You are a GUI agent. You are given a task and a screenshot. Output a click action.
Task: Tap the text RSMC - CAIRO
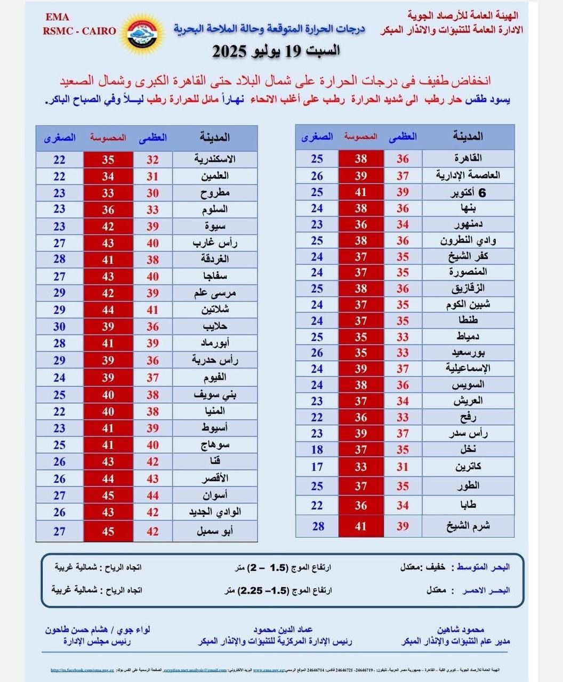point(79,31)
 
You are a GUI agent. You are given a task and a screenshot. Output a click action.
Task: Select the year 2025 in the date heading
point(229,52)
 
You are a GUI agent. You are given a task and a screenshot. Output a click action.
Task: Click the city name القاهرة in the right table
point(468,158)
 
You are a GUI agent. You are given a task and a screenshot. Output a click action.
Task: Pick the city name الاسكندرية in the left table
point(215,159)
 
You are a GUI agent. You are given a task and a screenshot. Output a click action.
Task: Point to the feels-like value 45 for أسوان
point(108,496)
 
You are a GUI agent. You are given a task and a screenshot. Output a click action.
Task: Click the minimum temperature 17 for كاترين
point(317,467)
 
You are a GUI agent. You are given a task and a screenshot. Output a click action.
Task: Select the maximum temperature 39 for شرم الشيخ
point(403,526)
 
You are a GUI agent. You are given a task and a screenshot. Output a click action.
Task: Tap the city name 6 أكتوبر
point(468,192)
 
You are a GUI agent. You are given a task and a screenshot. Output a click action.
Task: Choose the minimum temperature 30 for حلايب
point(59,327)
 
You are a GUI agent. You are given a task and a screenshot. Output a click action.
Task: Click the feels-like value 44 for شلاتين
point(108,310)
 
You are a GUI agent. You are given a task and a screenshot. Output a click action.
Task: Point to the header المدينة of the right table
point(468,137)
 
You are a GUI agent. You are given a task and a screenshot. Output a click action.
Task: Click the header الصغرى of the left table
point(60,138)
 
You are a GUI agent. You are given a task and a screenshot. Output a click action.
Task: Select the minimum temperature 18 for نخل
point(317,450)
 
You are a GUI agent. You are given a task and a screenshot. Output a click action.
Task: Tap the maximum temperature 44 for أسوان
point(152,496)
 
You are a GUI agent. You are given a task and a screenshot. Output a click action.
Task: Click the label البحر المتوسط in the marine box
point(483,567)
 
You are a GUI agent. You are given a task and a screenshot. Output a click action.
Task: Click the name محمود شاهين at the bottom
point(460,629)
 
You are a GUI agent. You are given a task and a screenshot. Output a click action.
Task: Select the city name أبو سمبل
point(215,531)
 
